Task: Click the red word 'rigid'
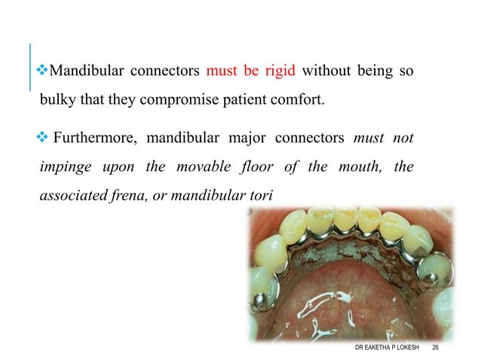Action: click(279, 72)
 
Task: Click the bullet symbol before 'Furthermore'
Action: click(44, 138)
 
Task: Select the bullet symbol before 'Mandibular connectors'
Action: click(43, 72)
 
